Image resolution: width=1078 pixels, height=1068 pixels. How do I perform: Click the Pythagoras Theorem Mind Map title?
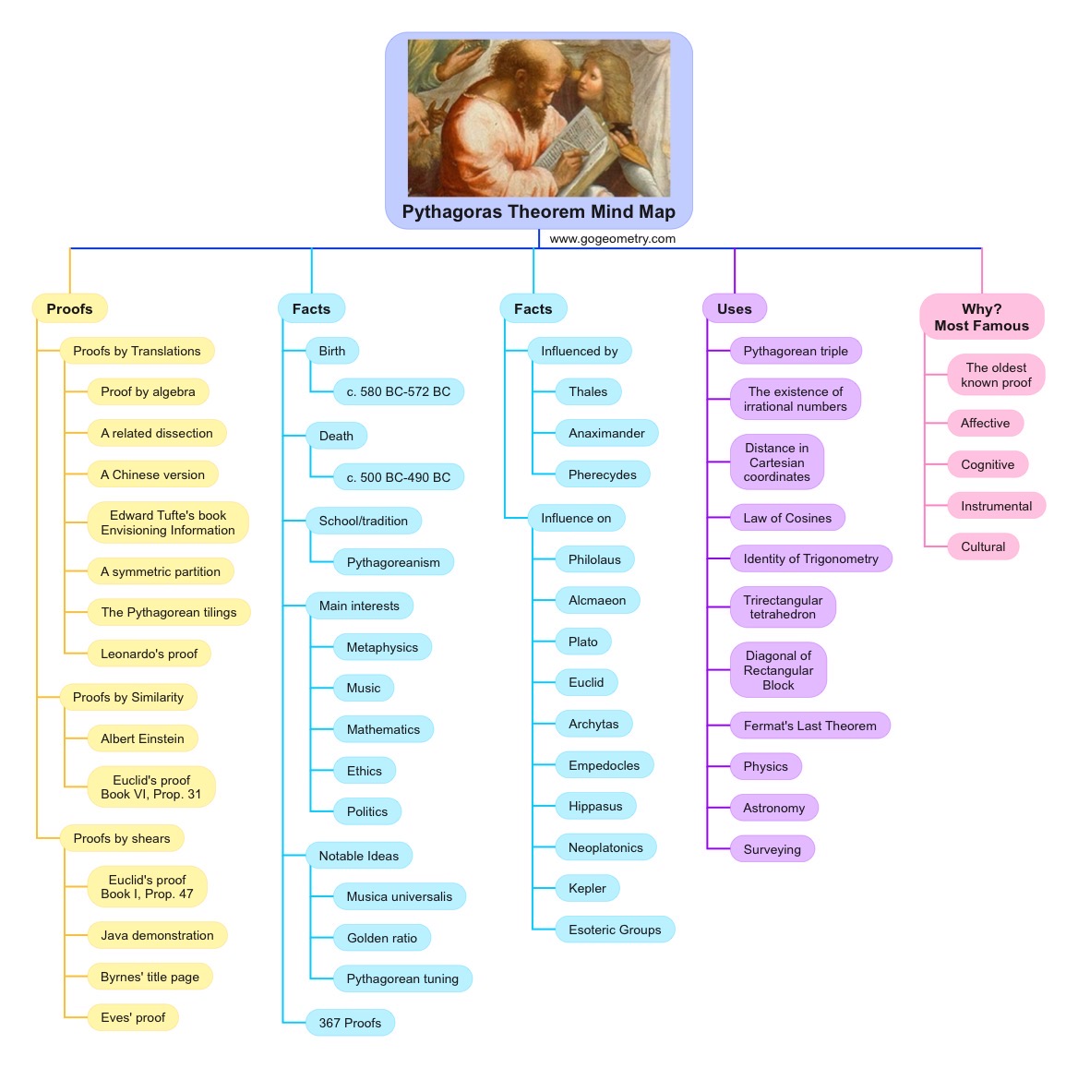point(538,211)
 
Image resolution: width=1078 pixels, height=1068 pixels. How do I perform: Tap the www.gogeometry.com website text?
point(612,238)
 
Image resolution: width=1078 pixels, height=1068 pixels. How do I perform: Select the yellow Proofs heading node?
point(69,308)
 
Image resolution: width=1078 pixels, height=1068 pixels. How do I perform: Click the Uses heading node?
point(734,308)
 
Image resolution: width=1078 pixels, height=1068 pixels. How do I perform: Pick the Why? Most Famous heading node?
point(981,317)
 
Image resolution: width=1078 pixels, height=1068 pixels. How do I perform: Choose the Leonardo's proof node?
point(149,654)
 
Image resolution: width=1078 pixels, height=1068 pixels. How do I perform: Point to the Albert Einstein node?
point(142,738)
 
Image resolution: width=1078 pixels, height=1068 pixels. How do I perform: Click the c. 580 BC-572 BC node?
point(398,391)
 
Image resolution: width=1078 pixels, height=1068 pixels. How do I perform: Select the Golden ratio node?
point(381,938)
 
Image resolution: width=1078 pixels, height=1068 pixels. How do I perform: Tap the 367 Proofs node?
point(350,1023)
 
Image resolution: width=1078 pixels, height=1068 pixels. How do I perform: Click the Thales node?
point(588,391)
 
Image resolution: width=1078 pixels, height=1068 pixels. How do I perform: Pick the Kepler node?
point(587,888)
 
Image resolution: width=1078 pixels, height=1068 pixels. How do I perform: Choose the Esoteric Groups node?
point(615,930)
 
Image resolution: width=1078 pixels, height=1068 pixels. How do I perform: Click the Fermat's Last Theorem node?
point(809,726)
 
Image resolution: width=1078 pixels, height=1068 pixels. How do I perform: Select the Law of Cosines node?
point(787,518)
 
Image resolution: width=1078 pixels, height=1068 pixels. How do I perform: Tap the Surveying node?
point(772,849)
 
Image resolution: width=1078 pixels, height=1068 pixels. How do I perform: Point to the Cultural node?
point(983,546)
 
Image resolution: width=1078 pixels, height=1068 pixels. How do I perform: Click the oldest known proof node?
point(996,375)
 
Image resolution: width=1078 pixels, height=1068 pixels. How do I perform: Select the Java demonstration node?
point(157,935)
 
